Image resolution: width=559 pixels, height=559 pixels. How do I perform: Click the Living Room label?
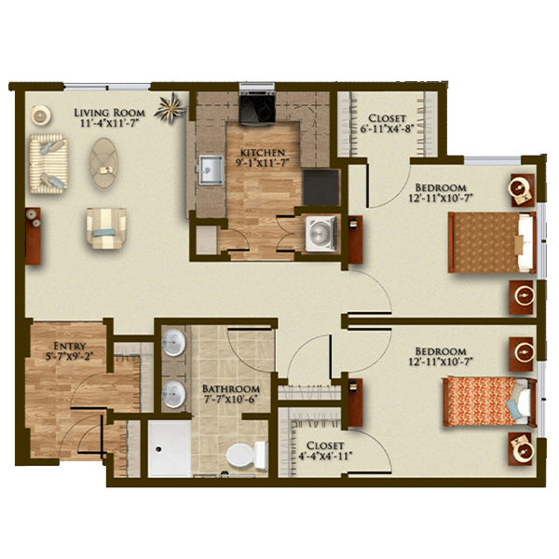109,113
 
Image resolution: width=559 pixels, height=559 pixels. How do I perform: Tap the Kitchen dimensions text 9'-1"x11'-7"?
262,162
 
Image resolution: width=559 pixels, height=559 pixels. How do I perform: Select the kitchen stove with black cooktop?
257,107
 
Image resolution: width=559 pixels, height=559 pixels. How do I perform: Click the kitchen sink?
211,170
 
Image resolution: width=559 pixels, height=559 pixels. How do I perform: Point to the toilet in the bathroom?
247,455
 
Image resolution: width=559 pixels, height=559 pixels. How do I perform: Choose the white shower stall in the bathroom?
170,448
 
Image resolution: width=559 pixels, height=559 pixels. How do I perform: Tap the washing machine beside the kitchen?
321,233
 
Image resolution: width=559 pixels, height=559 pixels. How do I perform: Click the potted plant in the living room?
170,107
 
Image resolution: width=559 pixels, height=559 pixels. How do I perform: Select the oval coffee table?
103,163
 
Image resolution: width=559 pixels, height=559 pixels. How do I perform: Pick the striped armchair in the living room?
106,228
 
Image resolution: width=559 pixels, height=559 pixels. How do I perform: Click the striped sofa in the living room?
48,164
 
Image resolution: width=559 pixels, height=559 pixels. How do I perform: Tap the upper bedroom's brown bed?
492,242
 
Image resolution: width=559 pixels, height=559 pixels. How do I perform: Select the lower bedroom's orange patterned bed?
489,402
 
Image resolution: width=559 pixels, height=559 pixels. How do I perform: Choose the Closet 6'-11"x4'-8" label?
387,123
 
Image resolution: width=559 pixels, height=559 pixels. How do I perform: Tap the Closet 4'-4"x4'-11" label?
325,450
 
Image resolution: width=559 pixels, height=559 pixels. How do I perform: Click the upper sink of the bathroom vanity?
174,343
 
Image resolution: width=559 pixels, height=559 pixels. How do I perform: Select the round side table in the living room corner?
41,116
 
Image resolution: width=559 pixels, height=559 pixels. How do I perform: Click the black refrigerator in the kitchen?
320,187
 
